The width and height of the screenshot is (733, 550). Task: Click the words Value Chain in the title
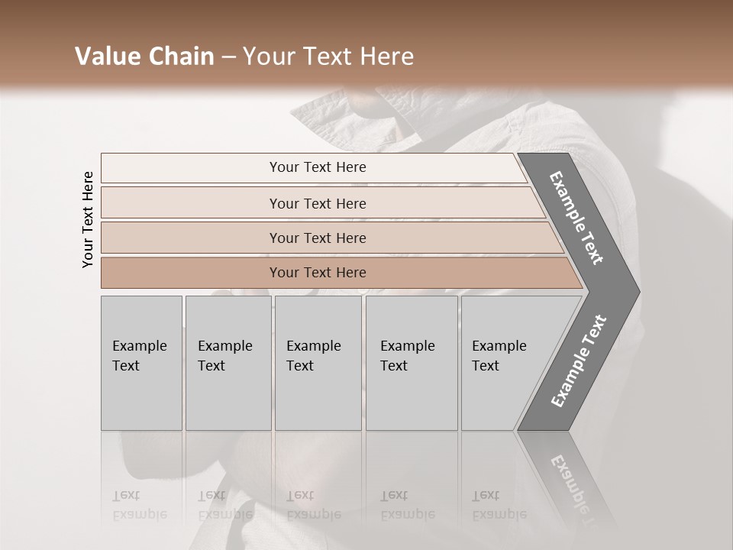[144, 57]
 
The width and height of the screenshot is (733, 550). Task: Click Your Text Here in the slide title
[328, 57]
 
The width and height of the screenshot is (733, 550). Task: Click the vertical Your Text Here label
[88, 219]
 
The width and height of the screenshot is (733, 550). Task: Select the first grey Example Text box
[141, 363]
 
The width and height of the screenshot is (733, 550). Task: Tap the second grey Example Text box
[228, 363]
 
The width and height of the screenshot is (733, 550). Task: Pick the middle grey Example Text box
[318, 363]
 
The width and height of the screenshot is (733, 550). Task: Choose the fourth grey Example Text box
[412, 363]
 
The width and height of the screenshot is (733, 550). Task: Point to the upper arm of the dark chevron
[577, 218]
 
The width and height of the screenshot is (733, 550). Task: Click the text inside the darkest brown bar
[318, 273]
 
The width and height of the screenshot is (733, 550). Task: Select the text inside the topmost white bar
[318, 167]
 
